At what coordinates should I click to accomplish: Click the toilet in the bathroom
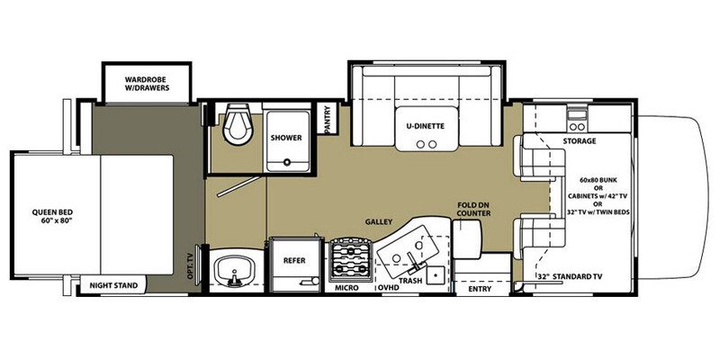pyautogui.click(x=237, y=123)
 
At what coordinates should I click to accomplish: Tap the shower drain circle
pyautogui.click(x=287, y=162)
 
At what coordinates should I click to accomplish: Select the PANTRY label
pyautogui.click(x=328, y=119)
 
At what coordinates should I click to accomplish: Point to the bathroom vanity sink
pyautogui.click(x=234, y=272)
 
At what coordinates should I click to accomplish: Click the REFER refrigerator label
pyautogui.click(x=294, y=260)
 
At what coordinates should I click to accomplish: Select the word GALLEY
pyautogui.click(x=379, y=221)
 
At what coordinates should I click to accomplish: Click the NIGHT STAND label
pyautogui.click(x=113, y=285)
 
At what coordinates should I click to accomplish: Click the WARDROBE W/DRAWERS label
pyautogui.click(x=147, y=83)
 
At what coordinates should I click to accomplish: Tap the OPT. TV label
pyautogui.click(x=192, y=269)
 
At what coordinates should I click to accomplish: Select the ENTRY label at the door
pyautogui.click(x=480, y=288)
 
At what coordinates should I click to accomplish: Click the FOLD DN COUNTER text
pyautogui.click(x=473, y=209)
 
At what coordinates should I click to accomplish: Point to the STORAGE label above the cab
pyautogui.click(x=580, y=141)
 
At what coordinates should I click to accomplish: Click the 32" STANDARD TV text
pyautogui.click(x=570, y=276)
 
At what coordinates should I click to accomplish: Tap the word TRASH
pyautogui.click(x=410, y=280)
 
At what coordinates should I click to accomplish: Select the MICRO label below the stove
pyautogui.click(x=347, y=288)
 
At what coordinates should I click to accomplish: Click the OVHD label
pyautogui.click(x=388, y=288)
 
